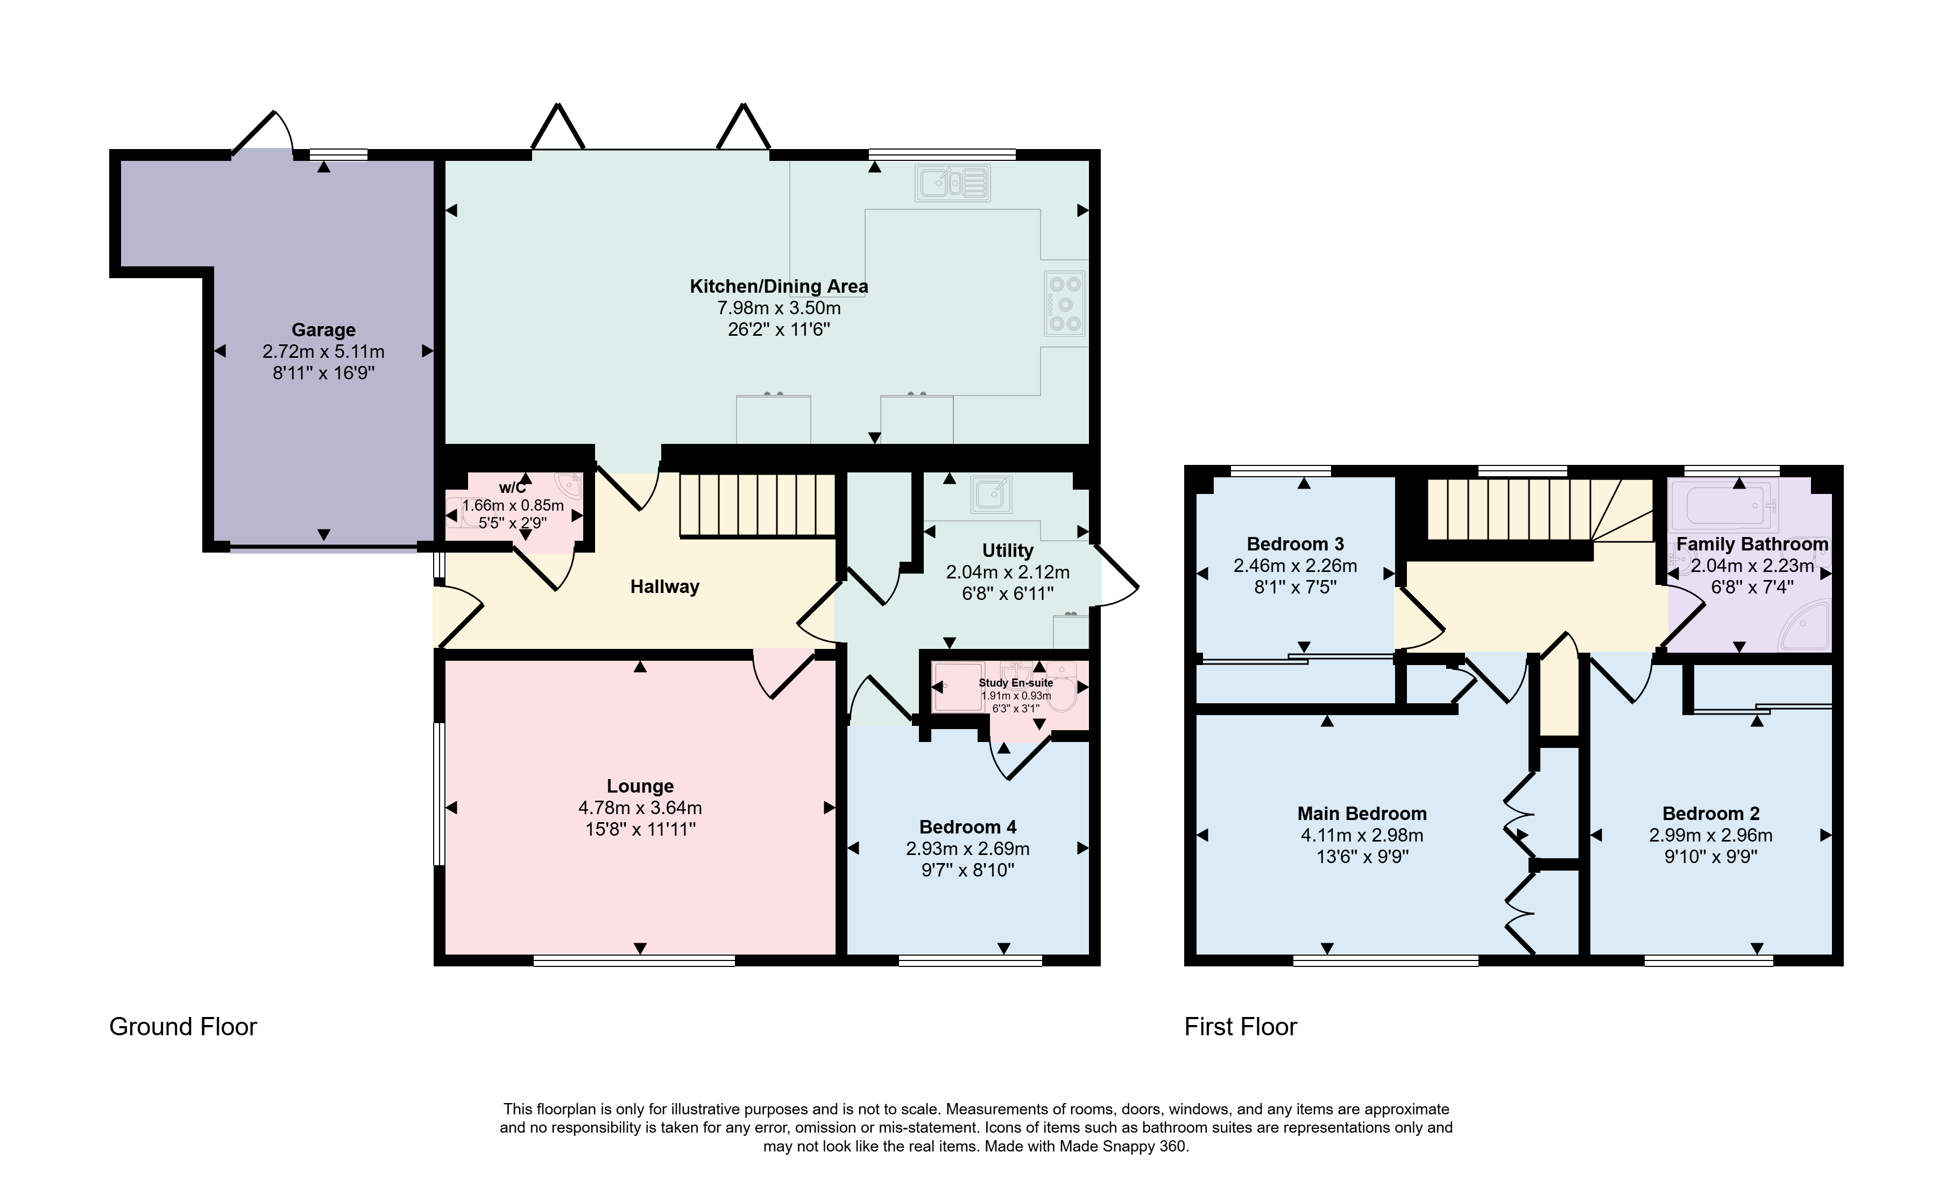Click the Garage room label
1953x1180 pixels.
coord(323,330)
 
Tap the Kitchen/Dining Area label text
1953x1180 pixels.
coord(779,286)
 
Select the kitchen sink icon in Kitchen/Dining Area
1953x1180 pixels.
coord(953,183)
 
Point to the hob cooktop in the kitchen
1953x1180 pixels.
coord(1065,303)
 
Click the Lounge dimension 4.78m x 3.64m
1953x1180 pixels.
coord(640,808)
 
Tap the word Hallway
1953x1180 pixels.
coord(665,587)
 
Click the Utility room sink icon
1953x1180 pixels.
coord(991,494)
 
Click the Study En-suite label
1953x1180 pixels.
coord(1016,682)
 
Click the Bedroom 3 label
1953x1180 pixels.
coord(1295,543)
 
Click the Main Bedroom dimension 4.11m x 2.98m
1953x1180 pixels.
coord(1362,835)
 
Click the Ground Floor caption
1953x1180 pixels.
coord(183,1027)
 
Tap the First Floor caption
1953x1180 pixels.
coord(1241,1027)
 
